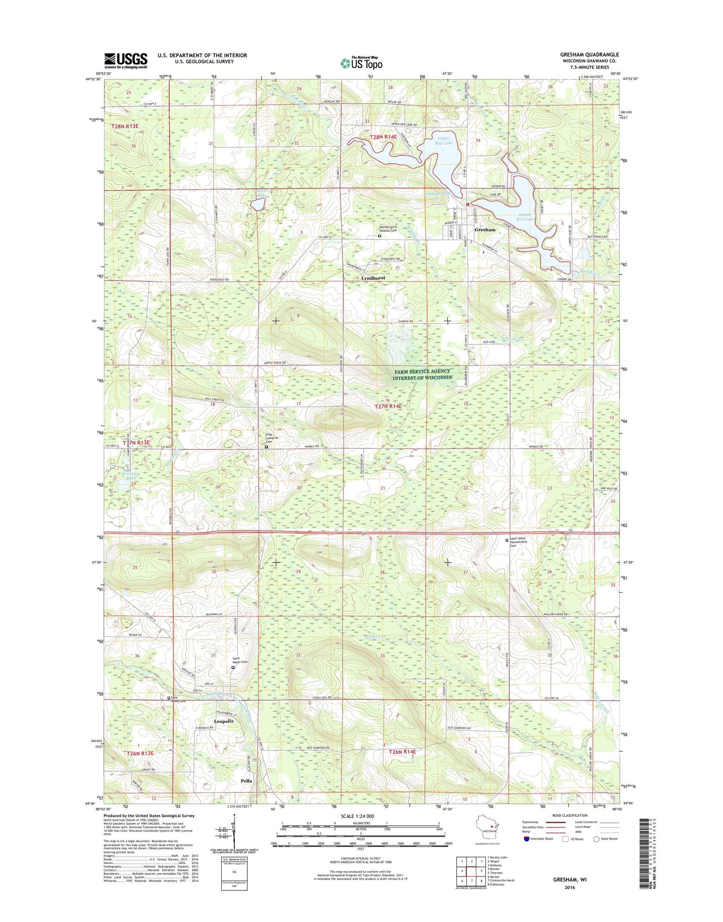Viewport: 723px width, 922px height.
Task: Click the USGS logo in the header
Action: coord(126,61)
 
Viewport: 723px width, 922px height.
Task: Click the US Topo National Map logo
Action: coord(361,63)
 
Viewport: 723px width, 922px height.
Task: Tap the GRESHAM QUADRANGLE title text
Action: coord(590,55)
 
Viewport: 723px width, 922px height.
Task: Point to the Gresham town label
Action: coord(484,230)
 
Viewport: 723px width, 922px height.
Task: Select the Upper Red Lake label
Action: coord(443,140)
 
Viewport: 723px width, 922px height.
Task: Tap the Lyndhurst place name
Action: coord(373,277)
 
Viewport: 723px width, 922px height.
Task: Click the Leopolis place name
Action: coord(223,721)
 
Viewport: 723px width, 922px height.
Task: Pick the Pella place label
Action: coord(246,780)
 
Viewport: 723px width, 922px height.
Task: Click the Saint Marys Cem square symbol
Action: coord(233,667)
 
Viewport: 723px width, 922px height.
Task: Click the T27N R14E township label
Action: coord(388,406)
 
